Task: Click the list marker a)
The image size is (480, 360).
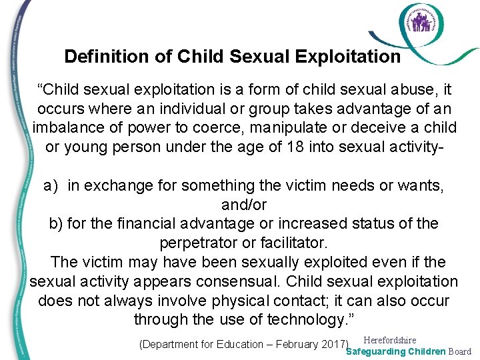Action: (52, 185)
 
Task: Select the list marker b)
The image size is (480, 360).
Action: (56, 223)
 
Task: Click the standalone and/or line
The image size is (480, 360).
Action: (243, 204)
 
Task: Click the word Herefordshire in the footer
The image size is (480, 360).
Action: (389, 340)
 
